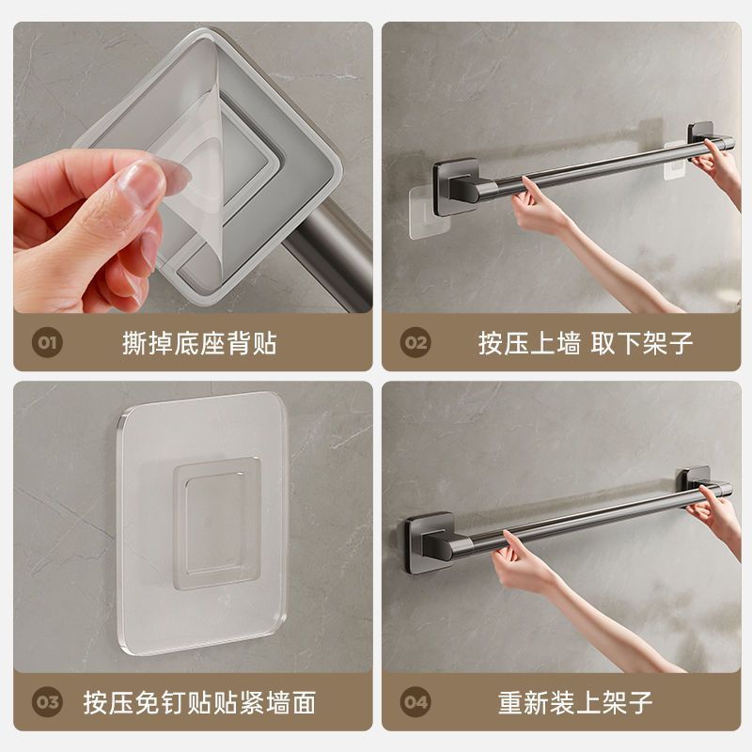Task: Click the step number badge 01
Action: [x=48, y=342]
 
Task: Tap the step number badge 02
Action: [x=415, y=342]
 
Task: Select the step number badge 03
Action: [x=48, y=701]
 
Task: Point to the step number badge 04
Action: [x=415, y=701]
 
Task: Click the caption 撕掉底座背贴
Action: [x=199, y=342]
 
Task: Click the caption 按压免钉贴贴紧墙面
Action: [x=212, y=701]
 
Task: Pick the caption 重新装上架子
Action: [x=575, y=701]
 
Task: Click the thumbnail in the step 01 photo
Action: [x=145, y=179]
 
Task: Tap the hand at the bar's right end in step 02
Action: [x=720, y=164]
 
